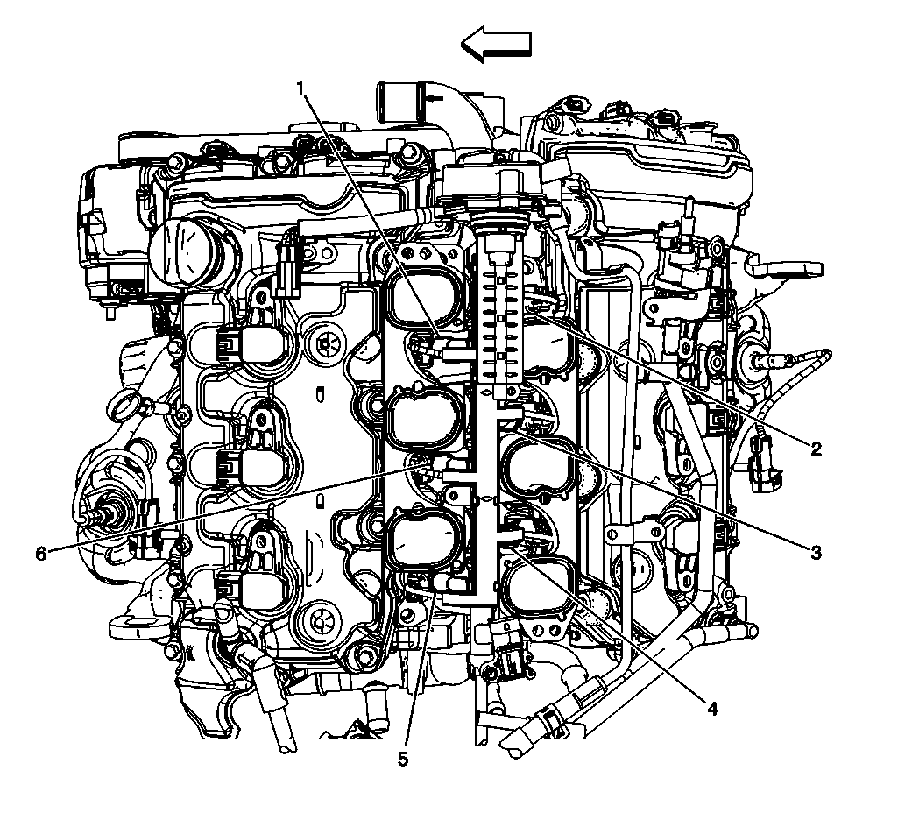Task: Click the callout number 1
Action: tap(300, 87)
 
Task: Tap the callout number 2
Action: tap(816, 449)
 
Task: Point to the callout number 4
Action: tap(712, 708)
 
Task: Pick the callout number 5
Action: tap(403, 759)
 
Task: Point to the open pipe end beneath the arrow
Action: tap(399, 94)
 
